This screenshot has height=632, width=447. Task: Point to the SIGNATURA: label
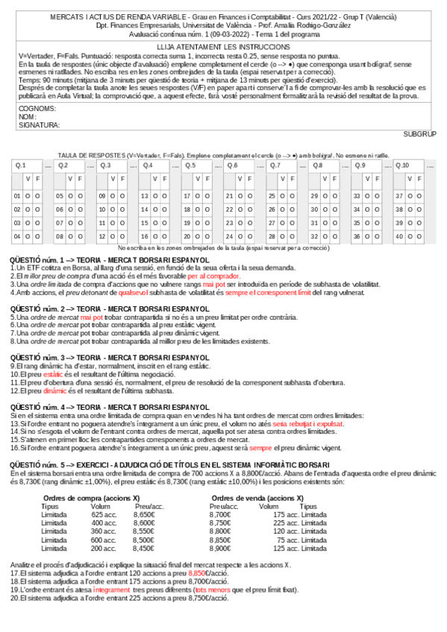click(39, 125)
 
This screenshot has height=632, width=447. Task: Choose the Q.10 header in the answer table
click(403, 165)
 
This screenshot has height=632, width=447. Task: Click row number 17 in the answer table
click(187, 196)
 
